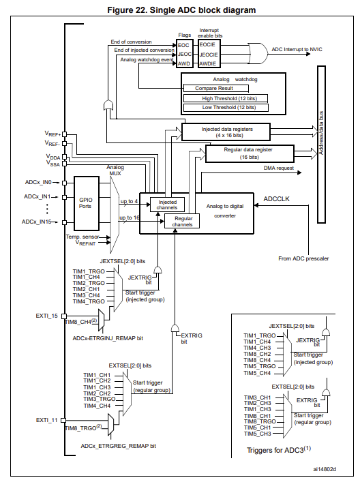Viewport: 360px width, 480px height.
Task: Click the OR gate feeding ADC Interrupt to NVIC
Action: click(258, 49)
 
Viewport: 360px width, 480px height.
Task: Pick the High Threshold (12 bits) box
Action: click(228, 98)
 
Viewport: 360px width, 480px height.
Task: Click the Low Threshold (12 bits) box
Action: click(228, 108)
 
